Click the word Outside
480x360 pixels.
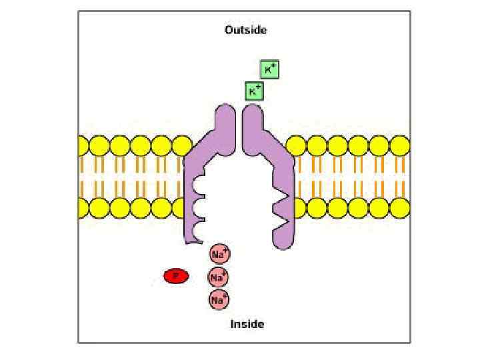point(245,30)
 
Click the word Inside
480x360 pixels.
point(247,324)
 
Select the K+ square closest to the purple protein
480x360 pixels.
point(254,91)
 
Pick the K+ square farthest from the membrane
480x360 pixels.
point(269,69)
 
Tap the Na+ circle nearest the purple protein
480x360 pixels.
point(219,253)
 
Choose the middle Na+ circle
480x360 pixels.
point(219,276)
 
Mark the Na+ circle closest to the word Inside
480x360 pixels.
point(219,299)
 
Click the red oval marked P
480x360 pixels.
point(176,275)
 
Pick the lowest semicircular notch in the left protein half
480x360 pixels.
point(199,232)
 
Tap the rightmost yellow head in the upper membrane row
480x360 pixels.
point(399,145)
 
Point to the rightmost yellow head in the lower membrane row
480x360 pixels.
point(399,208)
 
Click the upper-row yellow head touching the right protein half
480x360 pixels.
point(297,145)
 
